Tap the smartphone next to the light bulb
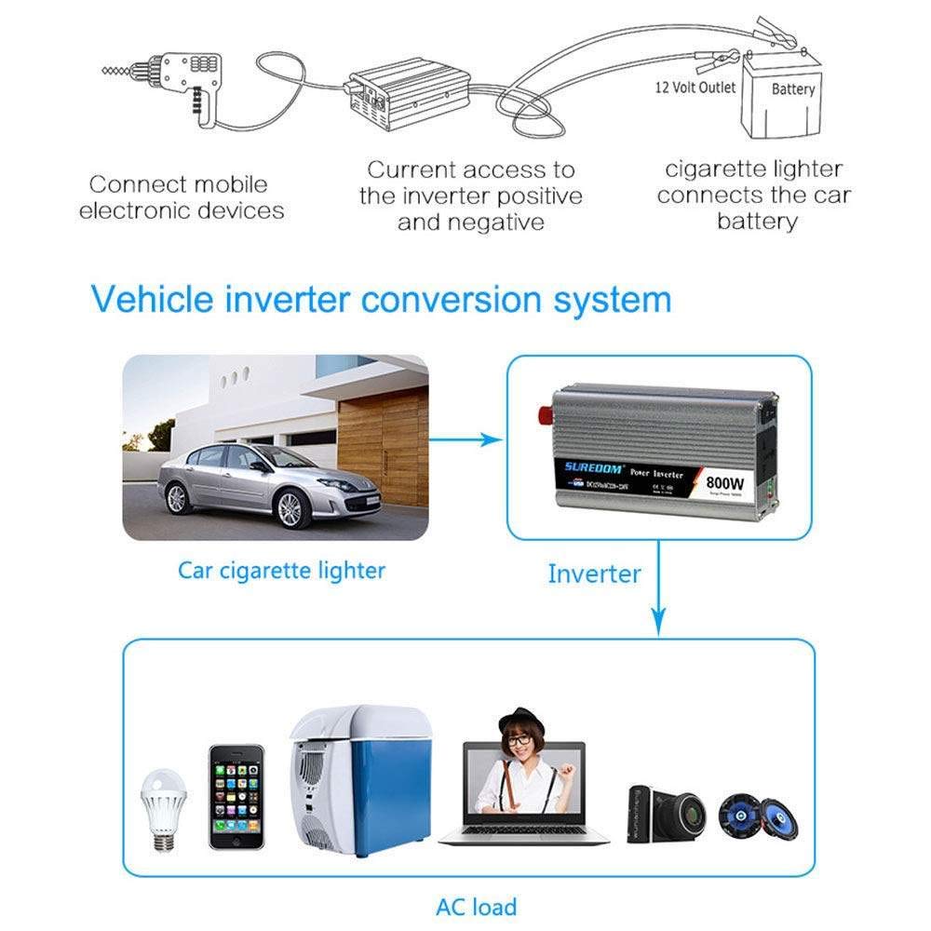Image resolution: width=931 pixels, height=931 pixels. click(236, 796)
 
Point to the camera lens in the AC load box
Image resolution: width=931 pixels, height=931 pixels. click(690, 813)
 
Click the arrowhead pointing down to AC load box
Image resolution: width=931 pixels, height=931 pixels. click(659, 621)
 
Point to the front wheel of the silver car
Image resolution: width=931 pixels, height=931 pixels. click(290, 509)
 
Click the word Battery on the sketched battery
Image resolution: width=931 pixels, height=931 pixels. click(793, 89)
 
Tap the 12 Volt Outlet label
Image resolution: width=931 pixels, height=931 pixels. click(695, 88)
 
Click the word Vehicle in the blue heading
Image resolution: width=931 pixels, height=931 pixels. click(155, 301)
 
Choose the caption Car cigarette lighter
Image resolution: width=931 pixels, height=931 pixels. click(281, 570)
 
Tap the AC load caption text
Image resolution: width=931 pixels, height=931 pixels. click(476, 906)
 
